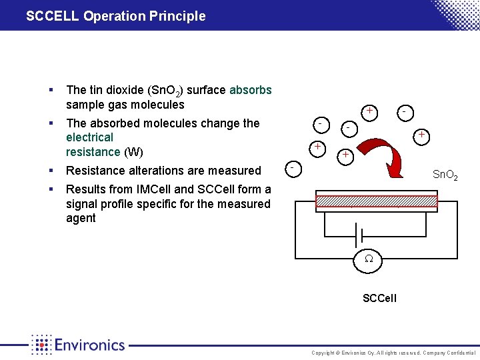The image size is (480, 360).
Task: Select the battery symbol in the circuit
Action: (x=359, y=235)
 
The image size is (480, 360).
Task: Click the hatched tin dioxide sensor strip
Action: (x=376, y=202)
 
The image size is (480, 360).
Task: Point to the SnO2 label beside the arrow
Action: (x=445, y=175)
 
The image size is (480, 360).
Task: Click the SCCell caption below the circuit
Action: (x=379, y=298)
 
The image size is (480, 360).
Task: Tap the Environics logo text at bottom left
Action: (x=90, y=345)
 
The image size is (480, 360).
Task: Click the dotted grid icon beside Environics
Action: (x=41, y=345)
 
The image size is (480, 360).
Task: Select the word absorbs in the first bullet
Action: (x=250, y=90)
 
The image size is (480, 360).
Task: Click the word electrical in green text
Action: (x=89, y=137)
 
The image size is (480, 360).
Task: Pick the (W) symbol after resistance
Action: (x=133, y=151)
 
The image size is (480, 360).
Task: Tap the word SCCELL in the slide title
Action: (x=53, y=16)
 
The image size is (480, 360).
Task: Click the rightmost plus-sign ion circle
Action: (x=421, y=136)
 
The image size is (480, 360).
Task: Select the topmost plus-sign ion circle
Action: (x=369, y=111)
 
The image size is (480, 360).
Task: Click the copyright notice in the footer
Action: (x=393, y=353)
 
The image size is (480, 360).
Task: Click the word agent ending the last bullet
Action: (x=81, y=218)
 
